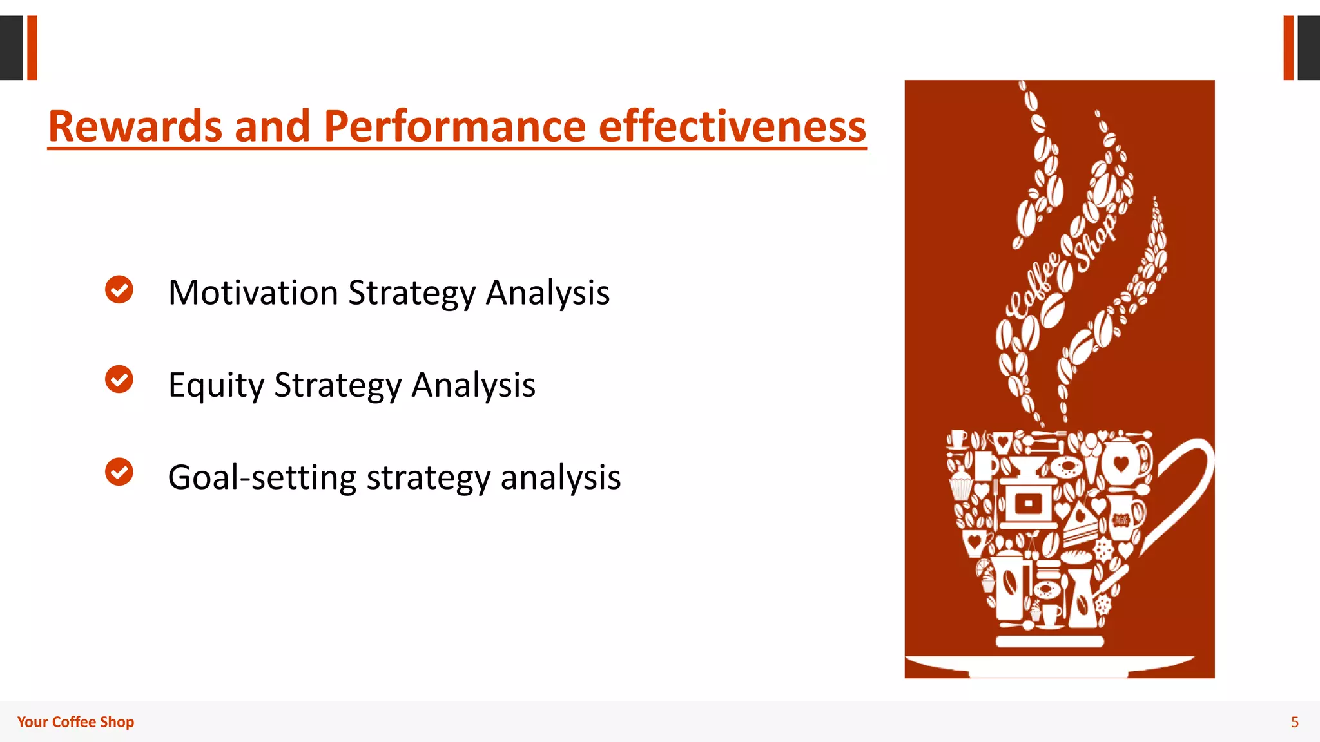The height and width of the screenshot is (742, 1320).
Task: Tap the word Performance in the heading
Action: [x=455, y=126]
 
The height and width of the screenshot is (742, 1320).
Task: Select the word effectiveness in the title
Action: [x=732, y=126]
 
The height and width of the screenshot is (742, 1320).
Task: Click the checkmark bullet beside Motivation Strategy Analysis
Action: [x=119, y=290]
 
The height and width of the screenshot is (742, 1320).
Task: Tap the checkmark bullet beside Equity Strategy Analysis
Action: [x=119, y=379]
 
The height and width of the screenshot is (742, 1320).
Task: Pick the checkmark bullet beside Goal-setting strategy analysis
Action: [x=119, y=472]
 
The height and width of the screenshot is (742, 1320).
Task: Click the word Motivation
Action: [x=253, y=293]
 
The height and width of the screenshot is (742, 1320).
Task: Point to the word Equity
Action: [x=215, y=385]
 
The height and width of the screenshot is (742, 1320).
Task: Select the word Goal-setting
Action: [x=262, y=478]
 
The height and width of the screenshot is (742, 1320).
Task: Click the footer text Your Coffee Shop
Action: [x=75, y=722]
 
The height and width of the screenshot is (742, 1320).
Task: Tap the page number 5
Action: [x=1294, y=722]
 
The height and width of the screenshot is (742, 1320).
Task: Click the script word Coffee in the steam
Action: [x=1034, y=287]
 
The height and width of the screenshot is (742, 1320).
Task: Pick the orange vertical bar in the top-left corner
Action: [x=32, y=48]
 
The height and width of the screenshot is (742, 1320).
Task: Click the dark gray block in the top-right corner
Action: [x=1308, y=48]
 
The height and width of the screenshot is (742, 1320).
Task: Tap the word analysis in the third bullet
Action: [x=560, y=478]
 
